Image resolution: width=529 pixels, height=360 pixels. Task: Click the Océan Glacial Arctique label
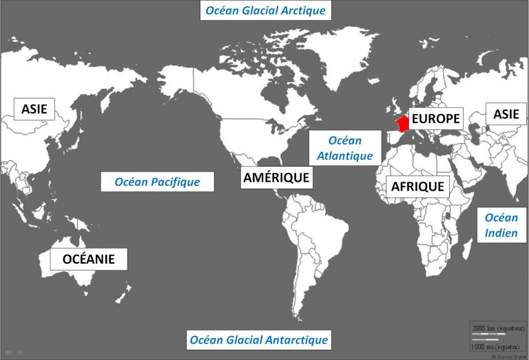[265, 11]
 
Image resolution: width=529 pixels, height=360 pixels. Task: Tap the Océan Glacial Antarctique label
[259, 339]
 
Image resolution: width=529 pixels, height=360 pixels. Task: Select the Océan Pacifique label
[157, 182]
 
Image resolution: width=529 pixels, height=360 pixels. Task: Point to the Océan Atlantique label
[344, 149]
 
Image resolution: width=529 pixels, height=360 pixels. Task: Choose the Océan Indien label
[501, 225]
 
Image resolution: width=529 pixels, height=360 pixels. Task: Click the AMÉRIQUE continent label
[276, 178]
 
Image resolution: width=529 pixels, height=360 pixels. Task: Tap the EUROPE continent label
[435, 118]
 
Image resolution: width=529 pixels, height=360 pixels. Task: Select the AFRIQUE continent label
[417, 186]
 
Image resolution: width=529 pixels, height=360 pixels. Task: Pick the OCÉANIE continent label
[88, 259]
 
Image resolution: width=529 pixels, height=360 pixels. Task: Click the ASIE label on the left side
[34, 109]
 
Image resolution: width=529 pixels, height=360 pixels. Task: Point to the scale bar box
[496, 337]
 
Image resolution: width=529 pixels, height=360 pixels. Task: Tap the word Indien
[501, 233]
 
